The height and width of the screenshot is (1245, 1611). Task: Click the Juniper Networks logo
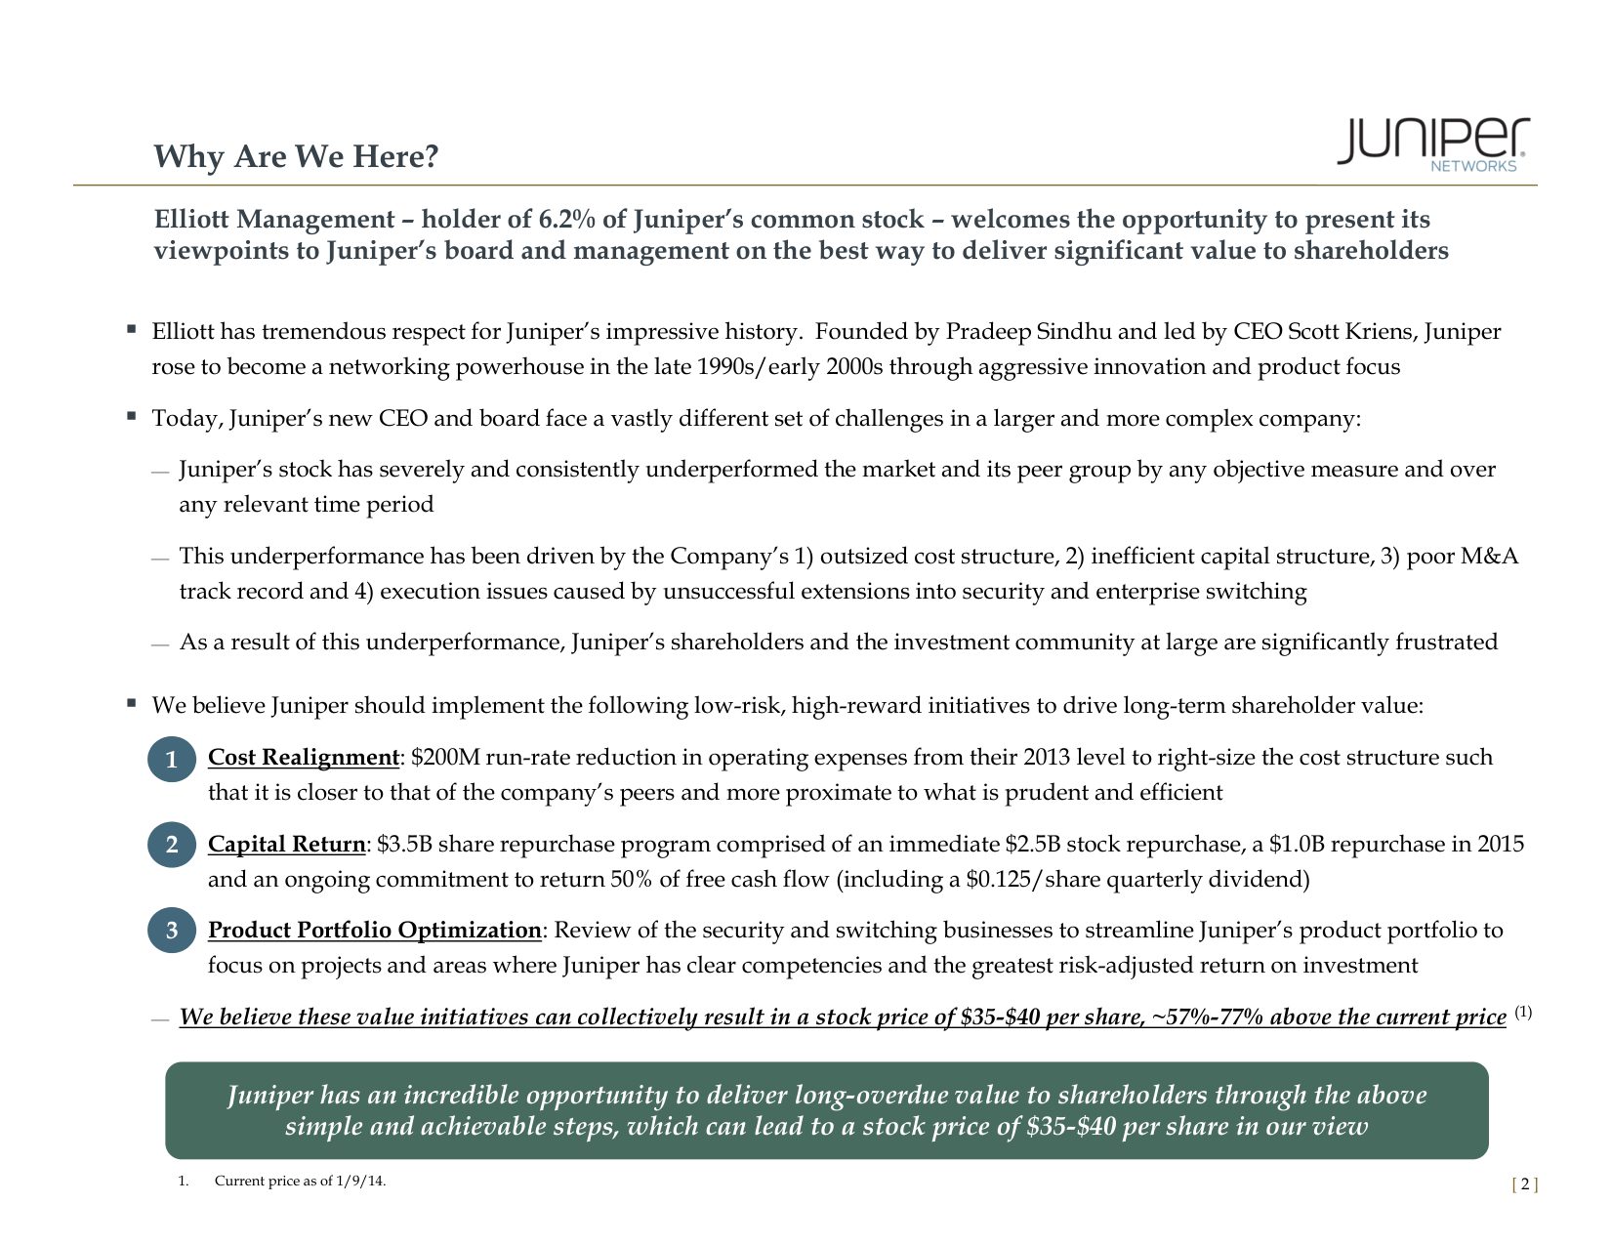[1431, 145]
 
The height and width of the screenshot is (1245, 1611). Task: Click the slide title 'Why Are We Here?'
[296, 156]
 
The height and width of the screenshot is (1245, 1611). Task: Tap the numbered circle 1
[172, 760]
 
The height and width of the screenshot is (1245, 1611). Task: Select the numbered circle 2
[172, 846]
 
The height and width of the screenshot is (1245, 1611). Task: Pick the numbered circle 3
[172, 932]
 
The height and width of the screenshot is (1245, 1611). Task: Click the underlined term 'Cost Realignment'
[304, 758]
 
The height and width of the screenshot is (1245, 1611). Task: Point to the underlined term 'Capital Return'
[287, 845]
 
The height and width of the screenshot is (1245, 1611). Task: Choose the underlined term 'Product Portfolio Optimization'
[374, 931]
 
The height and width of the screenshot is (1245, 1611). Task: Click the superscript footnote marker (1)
[1523, 1013]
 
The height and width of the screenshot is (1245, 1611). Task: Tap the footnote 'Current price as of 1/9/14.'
[300, 1182]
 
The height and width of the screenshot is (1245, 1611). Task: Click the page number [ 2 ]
[1524, 1185]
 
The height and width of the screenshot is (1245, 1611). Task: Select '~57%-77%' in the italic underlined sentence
[1206, 1017]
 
